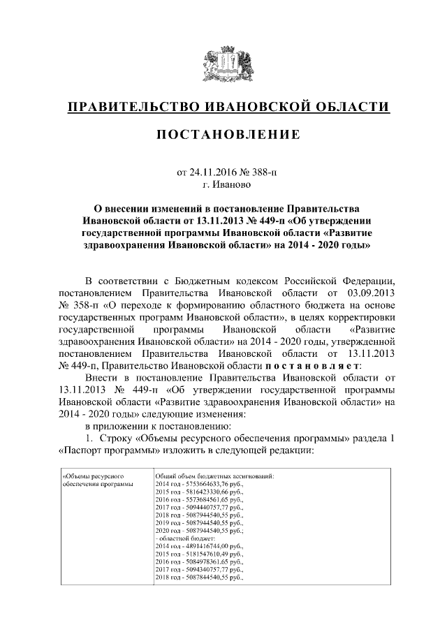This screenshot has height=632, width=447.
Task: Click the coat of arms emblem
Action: (x=223, y=63)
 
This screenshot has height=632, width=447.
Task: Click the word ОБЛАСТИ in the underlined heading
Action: (x=349, y=106)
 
